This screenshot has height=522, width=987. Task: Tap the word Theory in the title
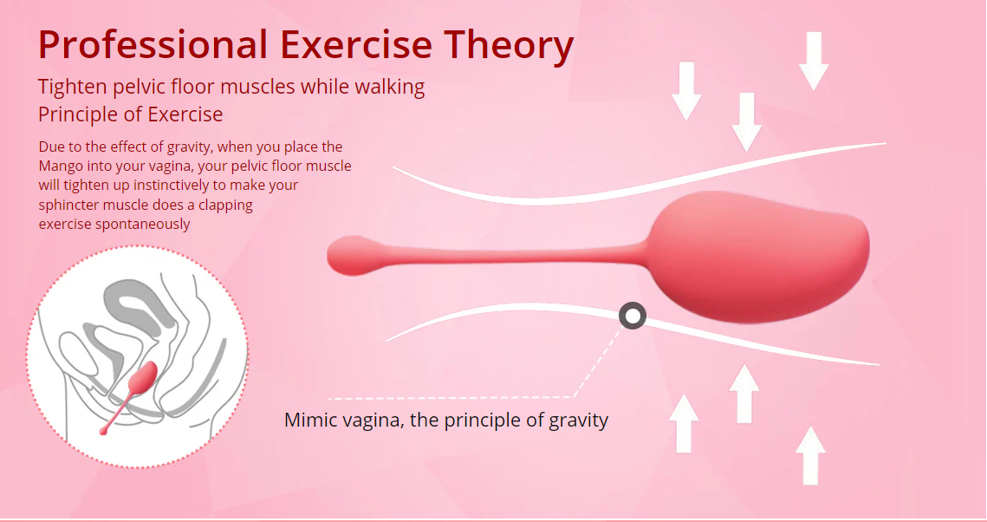(509, 46)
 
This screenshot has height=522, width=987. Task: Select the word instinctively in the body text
(179, 185)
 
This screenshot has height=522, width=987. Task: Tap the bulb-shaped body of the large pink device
(758, 257)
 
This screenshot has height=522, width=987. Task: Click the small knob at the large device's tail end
(354, 255)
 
